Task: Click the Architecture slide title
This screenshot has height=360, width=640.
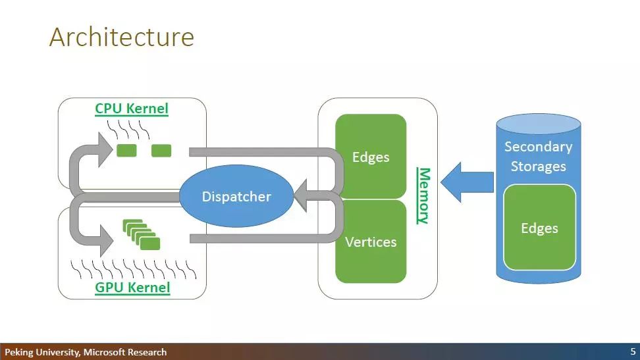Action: coord(122,37)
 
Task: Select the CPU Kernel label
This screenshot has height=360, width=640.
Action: coord(132,109)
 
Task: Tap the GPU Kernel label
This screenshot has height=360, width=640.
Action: coord(132,288)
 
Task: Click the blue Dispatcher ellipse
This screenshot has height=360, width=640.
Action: coord(236,196)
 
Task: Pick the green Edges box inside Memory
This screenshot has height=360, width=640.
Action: coord(371,157)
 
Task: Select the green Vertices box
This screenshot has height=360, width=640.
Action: coord(371,242)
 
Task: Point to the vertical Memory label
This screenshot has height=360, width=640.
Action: coord(424,196)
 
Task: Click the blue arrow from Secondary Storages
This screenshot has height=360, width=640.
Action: coord(467,182)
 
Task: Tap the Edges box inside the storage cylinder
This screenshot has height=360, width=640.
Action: coord(540,227)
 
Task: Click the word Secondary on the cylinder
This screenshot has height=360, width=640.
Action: coord(539,147)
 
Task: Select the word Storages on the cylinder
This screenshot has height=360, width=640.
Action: coord(539,167)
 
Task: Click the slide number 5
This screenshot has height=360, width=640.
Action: coord(633,351)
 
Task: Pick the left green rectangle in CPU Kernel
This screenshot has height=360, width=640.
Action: coord(126,150)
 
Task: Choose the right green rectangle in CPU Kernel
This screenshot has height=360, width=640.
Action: coord(161,150)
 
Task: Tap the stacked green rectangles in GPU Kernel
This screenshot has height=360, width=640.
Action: coord(141,234)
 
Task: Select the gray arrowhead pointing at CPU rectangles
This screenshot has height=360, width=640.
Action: coord(105,149)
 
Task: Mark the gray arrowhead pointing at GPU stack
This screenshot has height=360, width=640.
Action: coord(106,240)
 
